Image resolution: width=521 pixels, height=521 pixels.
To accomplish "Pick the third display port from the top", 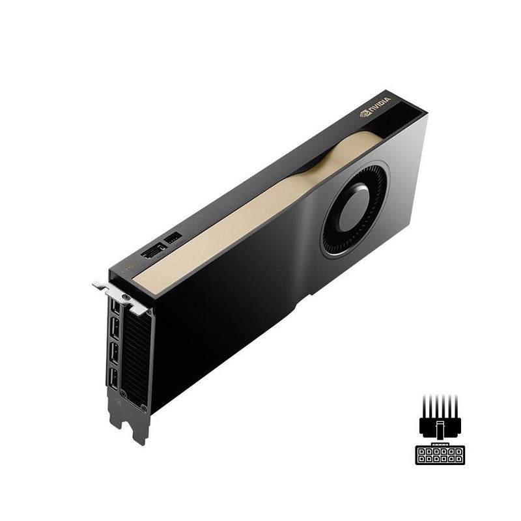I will [114, 352].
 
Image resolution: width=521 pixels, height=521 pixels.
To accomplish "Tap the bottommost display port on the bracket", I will [113, 378].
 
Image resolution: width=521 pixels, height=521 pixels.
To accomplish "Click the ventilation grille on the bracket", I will [135, 358].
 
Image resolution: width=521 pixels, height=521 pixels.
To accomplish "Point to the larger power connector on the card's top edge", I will [154, 250].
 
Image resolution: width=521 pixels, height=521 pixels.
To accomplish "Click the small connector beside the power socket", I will [173, 238].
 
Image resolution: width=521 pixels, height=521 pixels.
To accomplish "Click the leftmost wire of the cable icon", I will [424, 405].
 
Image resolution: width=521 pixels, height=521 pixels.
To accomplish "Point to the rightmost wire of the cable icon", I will [455, 405].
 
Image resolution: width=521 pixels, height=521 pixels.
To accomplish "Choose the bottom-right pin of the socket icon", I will [458, 458].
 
